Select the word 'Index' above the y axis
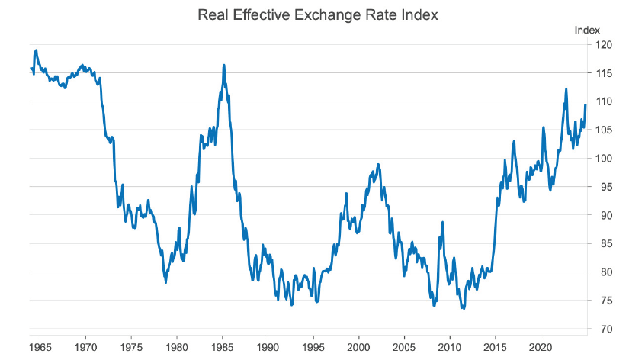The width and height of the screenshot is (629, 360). [x=586, y=30]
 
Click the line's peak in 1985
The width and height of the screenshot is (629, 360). [x=223, y=66]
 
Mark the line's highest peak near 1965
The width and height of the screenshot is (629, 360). [x=36, y=50]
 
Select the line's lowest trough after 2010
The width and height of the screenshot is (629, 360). [x=463, y=308]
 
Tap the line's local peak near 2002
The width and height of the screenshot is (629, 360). [x=378, y=164]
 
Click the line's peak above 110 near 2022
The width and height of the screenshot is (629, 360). [x=566, y=88]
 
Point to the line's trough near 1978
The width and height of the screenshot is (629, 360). [x=165, y=282]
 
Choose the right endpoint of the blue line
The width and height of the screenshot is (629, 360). [x=586, y=105]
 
